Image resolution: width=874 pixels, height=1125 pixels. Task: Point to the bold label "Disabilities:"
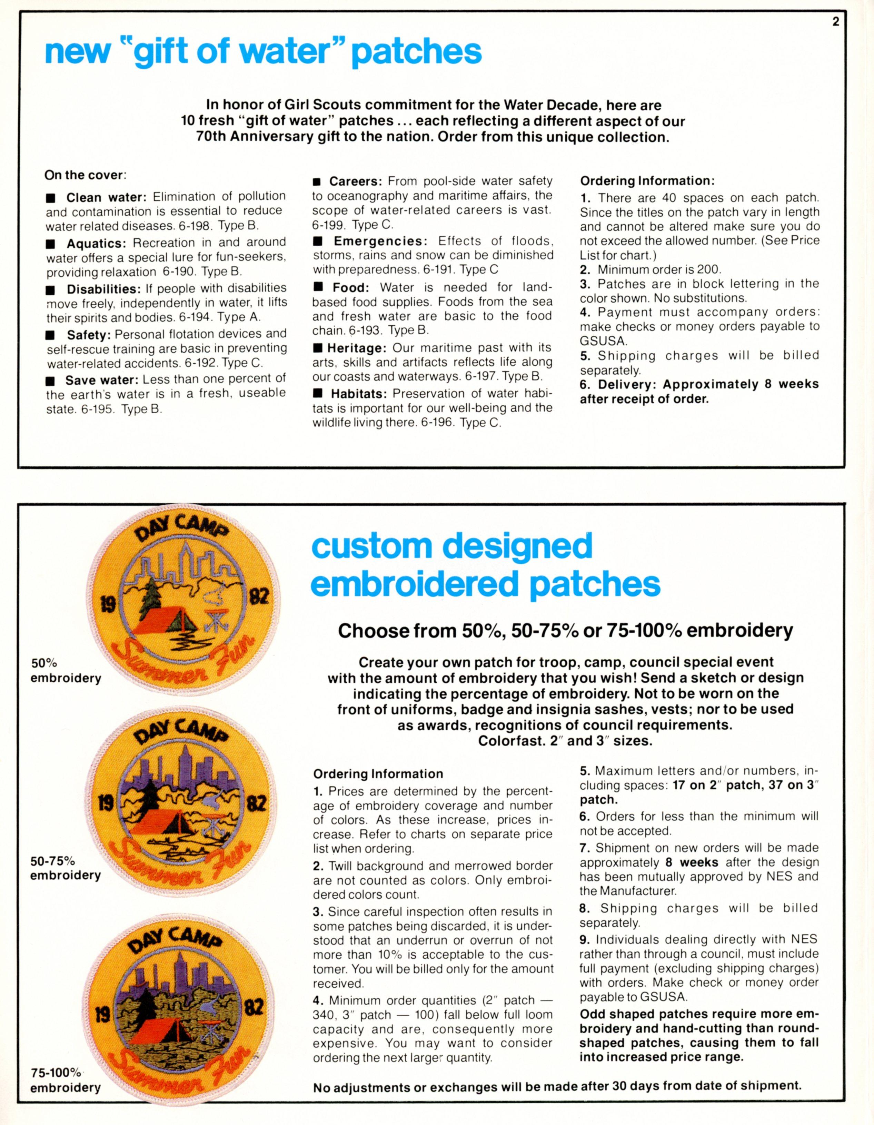104,288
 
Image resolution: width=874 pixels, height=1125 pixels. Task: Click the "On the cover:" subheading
85,175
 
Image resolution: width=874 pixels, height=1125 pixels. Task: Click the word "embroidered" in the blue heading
418,584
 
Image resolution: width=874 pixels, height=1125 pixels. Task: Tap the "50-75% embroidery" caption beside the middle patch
66,868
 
